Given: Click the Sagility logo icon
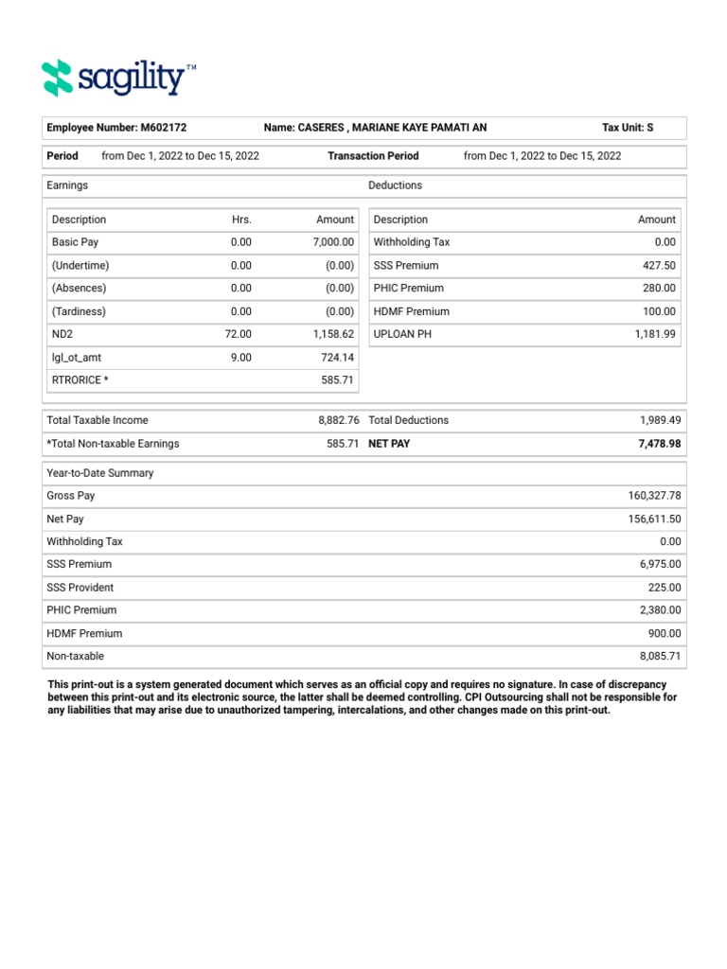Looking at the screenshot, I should [58, 78].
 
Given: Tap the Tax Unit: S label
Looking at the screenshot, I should [628, 128].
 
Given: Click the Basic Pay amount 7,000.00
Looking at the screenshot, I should [333, 242].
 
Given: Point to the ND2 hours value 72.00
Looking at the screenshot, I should [240, 334].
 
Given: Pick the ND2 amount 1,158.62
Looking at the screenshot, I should [331, 334].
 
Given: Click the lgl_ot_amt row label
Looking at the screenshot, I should [79, 358].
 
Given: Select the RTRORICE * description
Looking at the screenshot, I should [80, 380].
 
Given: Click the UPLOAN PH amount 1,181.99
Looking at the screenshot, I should [655, 334].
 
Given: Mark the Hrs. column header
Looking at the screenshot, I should [241, 220].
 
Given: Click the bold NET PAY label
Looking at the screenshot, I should [389, 443].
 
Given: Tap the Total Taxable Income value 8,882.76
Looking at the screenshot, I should [338, 420].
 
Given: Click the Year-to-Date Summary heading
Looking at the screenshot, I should [100, 473].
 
